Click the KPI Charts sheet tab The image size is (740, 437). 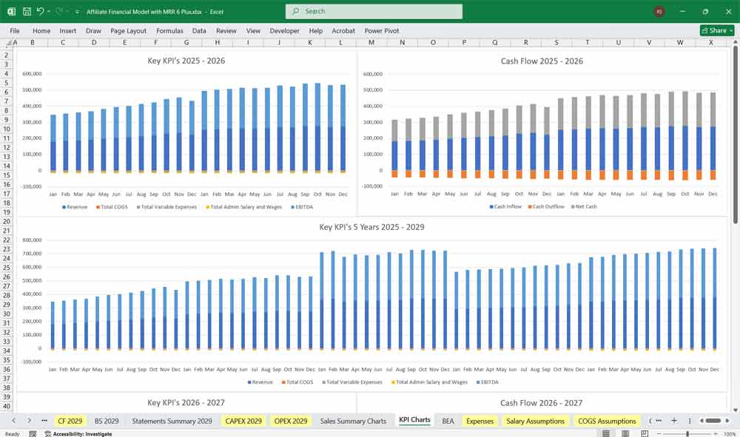414,420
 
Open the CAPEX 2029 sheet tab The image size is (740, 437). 243,421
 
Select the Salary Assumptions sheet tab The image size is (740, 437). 535,421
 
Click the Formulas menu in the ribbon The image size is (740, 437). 169,31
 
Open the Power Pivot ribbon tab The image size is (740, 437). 381,31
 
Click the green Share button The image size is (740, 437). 717,30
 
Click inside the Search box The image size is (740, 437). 374,11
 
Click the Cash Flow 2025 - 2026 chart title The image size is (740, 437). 542,61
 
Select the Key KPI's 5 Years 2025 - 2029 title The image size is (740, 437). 371,227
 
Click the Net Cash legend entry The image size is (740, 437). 583,206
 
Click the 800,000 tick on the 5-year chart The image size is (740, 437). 32,240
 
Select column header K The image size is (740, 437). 309,42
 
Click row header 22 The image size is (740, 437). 7,240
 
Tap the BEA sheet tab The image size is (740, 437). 448,421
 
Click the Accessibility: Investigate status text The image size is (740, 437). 81,433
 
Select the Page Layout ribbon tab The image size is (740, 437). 128,31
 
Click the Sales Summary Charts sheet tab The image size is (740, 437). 353,421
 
